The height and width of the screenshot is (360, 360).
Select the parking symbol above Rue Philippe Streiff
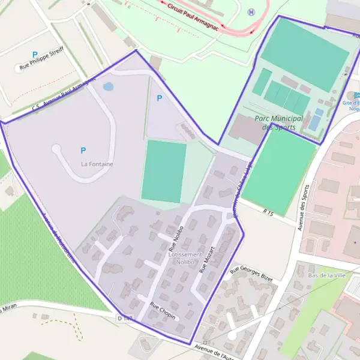coord(35,55)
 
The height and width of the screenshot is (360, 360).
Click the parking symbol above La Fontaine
coord(83,151)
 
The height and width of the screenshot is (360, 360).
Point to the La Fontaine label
coord(97,164)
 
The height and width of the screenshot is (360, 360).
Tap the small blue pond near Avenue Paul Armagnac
coord(108,86)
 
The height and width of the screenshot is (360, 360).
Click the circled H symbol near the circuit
coord(251,13)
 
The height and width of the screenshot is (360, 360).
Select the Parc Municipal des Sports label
coord(276,123)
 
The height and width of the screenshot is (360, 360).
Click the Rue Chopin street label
coord(163,310)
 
